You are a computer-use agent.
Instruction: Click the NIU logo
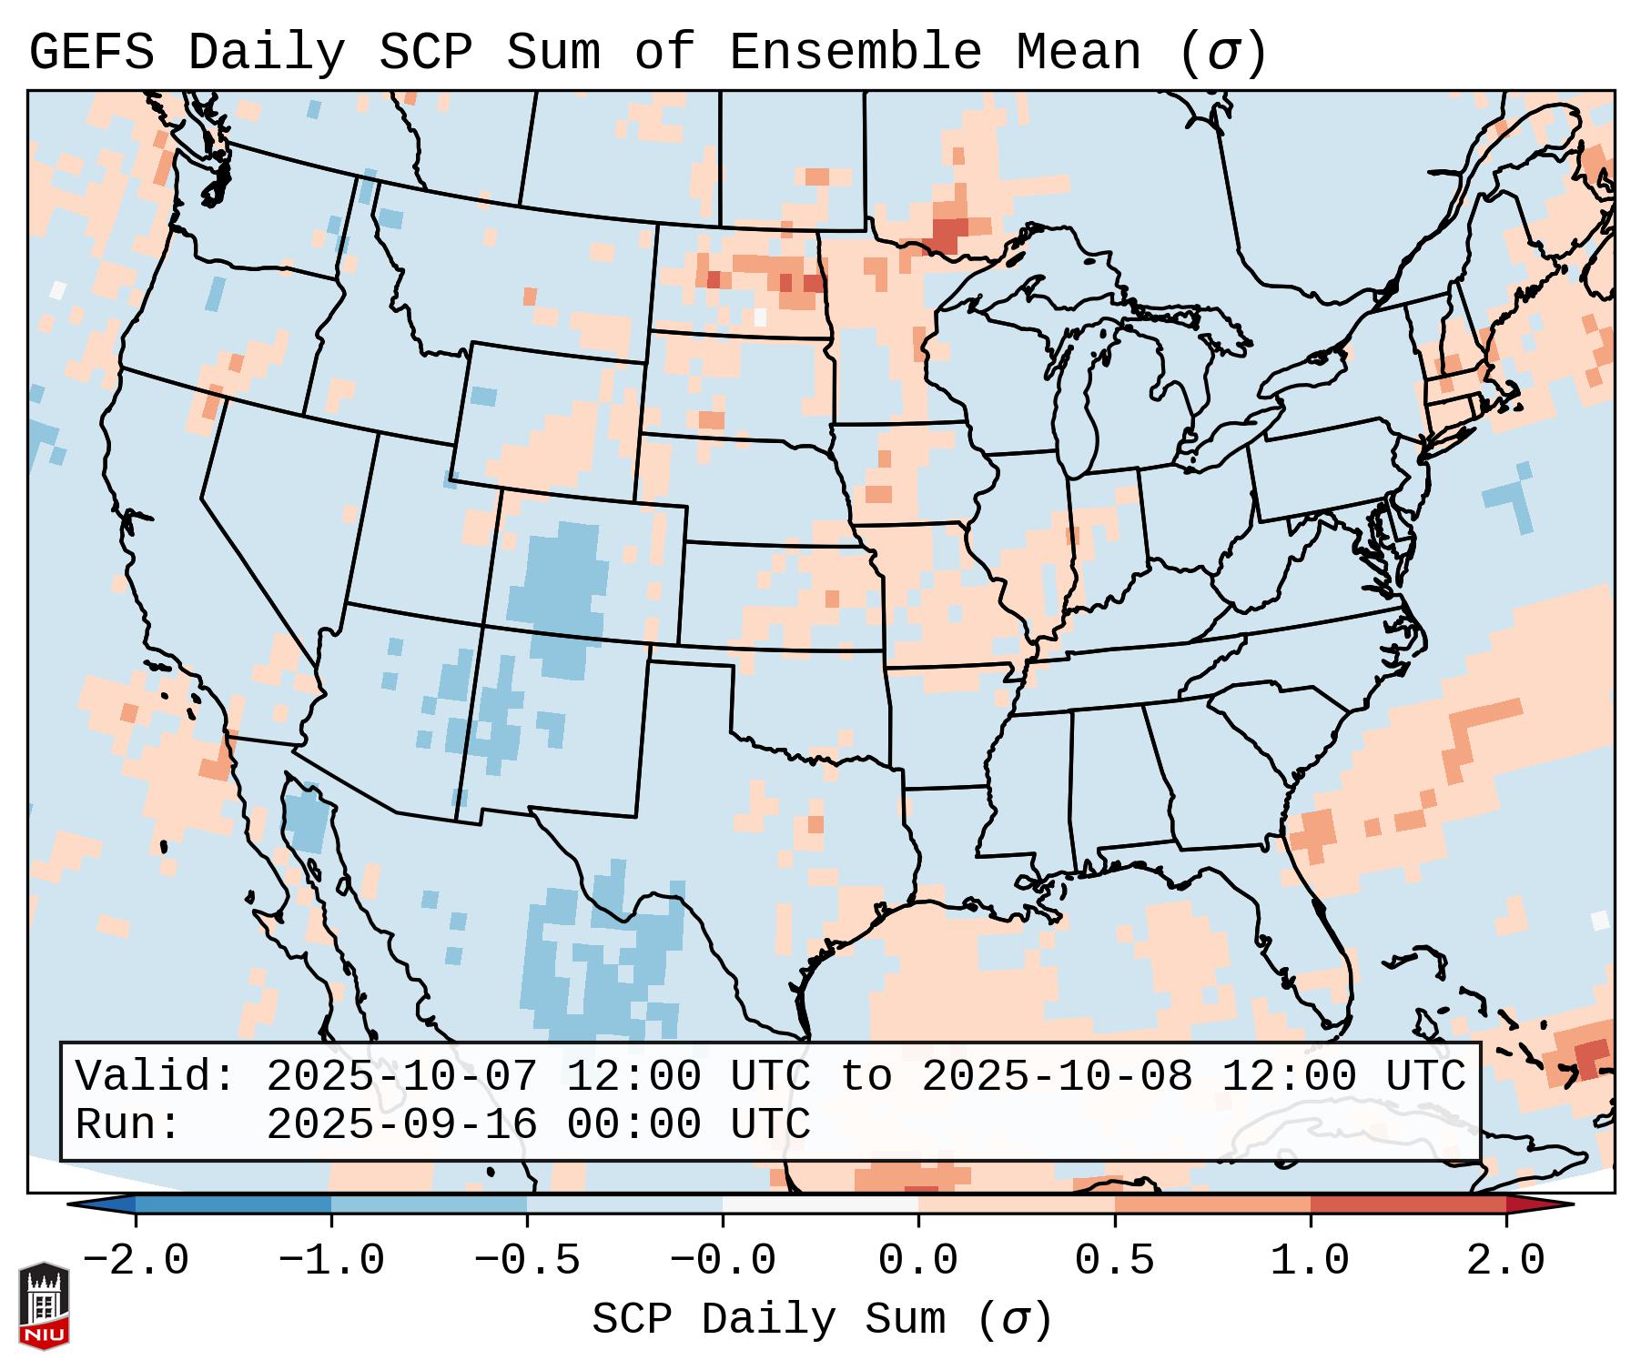click(x=44, y=1305)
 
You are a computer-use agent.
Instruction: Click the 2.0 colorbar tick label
click(x=1505, y=1261)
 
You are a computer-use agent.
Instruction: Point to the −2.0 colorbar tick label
click(x=135, y=1261)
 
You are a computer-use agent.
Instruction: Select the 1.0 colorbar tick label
click(x=1310, y=1261)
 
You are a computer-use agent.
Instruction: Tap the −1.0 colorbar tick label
click(x=330, y=1261)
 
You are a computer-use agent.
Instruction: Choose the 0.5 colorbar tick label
click(x=1114, y=1261)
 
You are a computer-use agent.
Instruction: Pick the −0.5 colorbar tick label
click(x=526, y=1261)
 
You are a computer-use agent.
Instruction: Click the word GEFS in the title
click(x=91, y=52)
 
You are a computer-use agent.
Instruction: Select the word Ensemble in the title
click(x=855, y=52)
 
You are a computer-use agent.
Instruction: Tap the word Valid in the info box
click(x=155, y=1076)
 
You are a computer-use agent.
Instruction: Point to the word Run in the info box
click(x=127, y=1124)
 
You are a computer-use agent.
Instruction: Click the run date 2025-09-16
click(x=401, y=1124)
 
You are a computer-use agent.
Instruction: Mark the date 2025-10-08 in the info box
click(x=1057, y=1076)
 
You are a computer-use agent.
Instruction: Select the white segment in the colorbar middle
click(x=820, y=1205)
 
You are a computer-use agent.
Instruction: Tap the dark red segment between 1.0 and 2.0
click(x=1407, y=1205)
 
